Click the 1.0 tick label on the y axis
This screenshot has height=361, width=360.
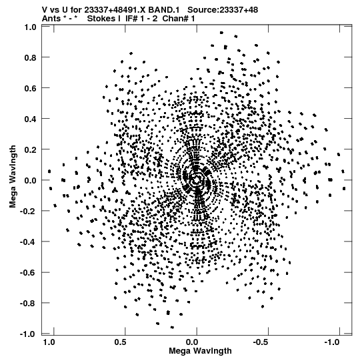(x=31, y=27)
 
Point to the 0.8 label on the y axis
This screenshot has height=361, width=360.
(x=31, y=57)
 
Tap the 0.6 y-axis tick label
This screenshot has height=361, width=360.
(x=31, y=88)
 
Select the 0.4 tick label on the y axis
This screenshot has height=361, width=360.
(x=31, y=119)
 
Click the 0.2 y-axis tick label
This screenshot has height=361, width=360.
(x=31, y=149)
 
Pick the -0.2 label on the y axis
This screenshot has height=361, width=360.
(x=28, y=211)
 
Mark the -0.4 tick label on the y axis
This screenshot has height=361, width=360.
(x=28, y=242)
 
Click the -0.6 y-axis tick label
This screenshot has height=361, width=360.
(x=28, y=273)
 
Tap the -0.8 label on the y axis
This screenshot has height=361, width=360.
(x=28, y=303)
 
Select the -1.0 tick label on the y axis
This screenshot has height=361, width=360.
(x=28, y=334)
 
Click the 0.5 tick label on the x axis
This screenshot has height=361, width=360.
(x=120, y=342)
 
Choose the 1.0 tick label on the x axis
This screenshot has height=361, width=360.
(x=49, y=342)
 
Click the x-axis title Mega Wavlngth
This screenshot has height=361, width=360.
(x=200, y=351)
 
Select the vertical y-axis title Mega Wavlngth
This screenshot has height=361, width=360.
(x=13, y=177)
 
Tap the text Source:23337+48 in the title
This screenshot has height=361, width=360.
(x=223, y=10)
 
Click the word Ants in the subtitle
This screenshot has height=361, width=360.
(x=51, y=19)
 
